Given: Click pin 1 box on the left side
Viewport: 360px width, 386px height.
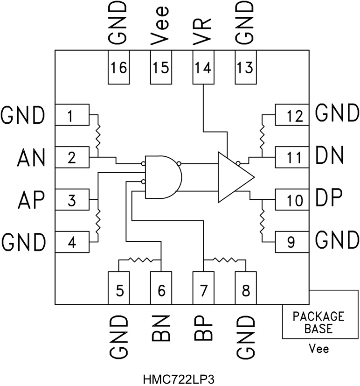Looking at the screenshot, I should pyautogui.click(x=72, y=115).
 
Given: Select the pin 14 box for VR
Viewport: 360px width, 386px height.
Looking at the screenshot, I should pyautogui.click(x=203, y=68).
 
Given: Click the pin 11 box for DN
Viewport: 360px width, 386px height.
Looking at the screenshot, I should pyautogui.click(x=291, y=157).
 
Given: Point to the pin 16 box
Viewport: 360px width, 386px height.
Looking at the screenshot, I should pyautogui.click(x=119, y=68).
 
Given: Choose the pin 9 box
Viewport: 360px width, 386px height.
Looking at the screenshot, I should pyautogui.click(x=291, y=241).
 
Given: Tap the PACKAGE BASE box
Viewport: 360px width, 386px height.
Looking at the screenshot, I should pyautogui.click(x=318, y=322).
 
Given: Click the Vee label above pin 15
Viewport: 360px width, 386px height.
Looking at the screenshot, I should pyautogui.click(x=160, y=23).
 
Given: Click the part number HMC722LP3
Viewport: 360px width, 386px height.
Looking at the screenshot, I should pyautogui.click(x=180, y=377).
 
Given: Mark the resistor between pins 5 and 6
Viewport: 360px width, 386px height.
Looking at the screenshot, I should pyautogui.click(x=140, y=260).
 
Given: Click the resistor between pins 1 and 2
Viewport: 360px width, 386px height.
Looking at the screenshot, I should pyautogui.click(x=97, y=135).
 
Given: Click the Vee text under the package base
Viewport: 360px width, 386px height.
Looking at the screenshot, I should pyautogui.click(x=318, y=349).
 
